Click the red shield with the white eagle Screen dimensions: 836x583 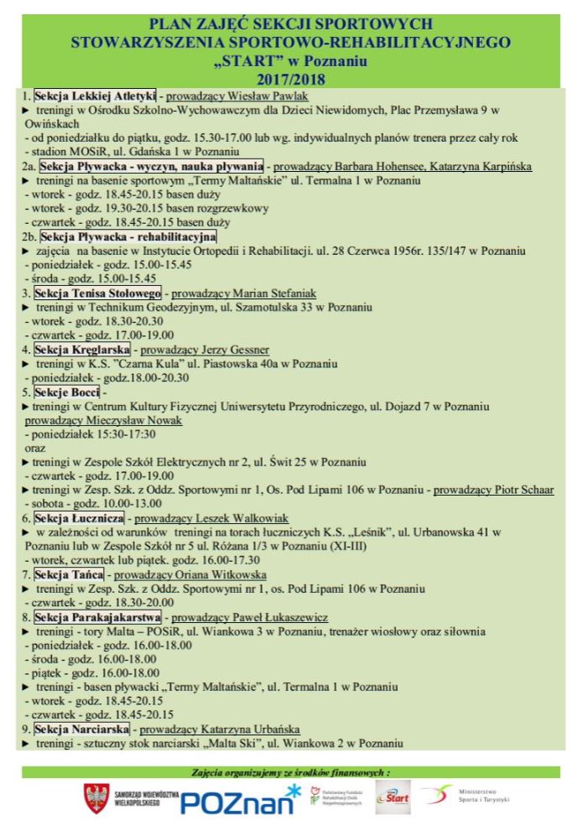(96, 799)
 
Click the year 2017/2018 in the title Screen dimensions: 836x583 (291, 79)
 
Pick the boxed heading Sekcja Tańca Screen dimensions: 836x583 (69, 574)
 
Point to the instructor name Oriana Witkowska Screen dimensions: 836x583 (219, 574)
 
